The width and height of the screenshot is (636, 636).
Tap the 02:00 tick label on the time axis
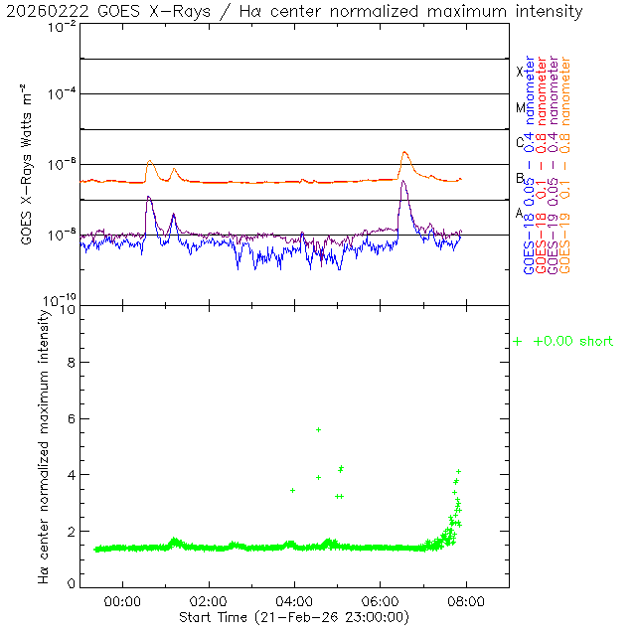pos(208,601)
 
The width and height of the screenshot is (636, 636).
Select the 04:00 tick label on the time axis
pos(294,601)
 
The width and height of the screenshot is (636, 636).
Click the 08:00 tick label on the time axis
pos(466,601)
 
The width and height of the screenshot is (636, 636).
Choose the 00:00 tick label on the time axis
pos(122,601)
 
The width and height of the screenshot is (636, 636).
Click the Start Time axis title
pos(294,617)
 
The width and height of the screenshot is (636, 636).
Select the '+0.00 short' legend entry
pos(563,342)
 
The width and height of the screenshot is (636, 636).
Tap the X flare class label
pos(519,72)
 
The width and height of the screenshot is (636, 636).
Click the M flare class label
pos(519,107)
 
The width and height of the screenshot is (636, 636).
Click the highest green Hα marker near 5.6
pos(318,429)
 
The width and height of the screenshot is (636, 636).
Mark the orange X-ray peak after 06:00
pos(404,152)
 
